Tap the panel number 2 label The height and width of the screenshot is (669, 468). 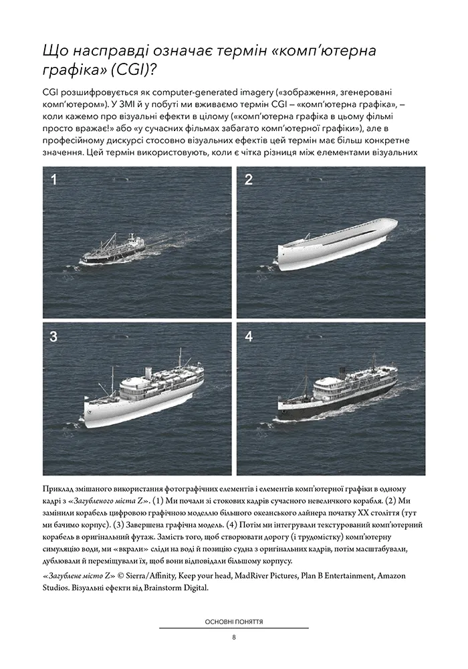[x=248, y=179]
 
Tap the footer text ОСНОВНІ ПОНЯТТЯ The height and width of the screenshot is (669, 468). [x=233, y=621]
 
